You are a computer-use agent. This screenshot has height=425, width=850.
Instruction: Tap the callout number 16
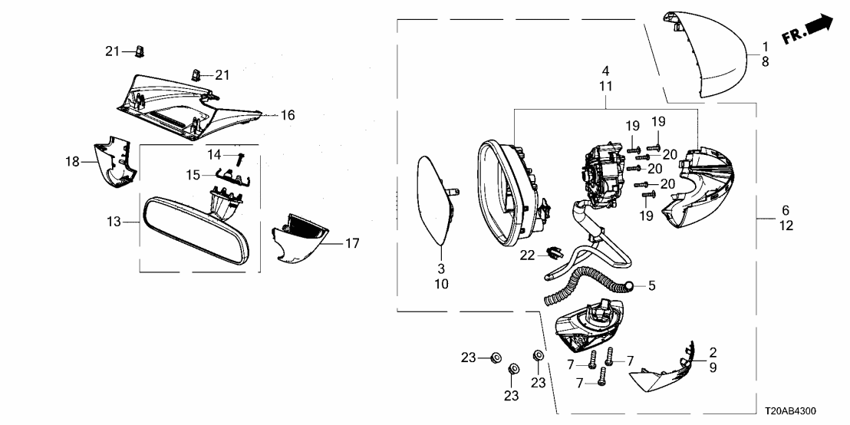pos(287,116)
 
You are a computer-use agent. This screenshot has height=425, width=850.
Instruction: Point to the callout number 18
pos(73,162)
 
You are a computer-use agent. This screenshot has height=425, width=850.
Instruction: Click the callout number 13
pos(114,222)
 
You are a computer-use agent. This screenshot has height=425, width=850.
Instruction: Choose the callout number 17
pos(352,244)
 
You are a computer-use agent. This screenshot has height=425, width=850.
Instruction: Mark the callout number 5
pos(651,286)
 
